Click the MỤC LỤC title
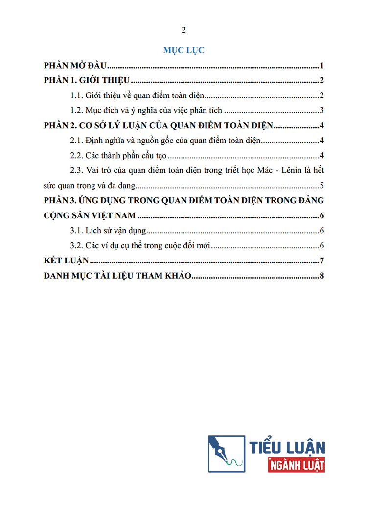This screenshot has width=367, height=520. (x=183, y=50)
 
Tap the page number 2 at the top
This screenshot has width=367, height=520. (x=183, y=30)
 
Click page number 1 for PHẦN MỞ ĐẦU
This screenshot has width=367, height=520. (x=322, y=66)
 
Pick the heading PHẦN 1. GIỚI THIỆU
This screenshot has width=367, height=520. (x=86, y=81)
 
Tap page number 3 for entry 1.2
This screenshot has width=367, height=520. (x=322, y=110)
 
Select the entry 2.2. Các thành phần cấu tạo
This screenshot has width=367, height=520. (x=118, y=156)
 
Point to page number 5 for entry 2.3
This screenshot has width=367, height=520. (x=322, y=186)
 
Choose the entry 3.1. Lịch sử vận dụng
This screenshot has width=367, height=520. (x=108, y=231)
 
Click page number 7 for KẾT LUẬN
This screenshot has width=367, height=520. (x=322, y=260)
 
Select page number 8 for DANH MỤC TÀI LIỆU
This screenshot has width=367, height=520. (x=322, y=276)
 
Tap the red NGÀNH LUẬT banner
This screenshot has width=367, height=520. (x=297, y=465)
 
